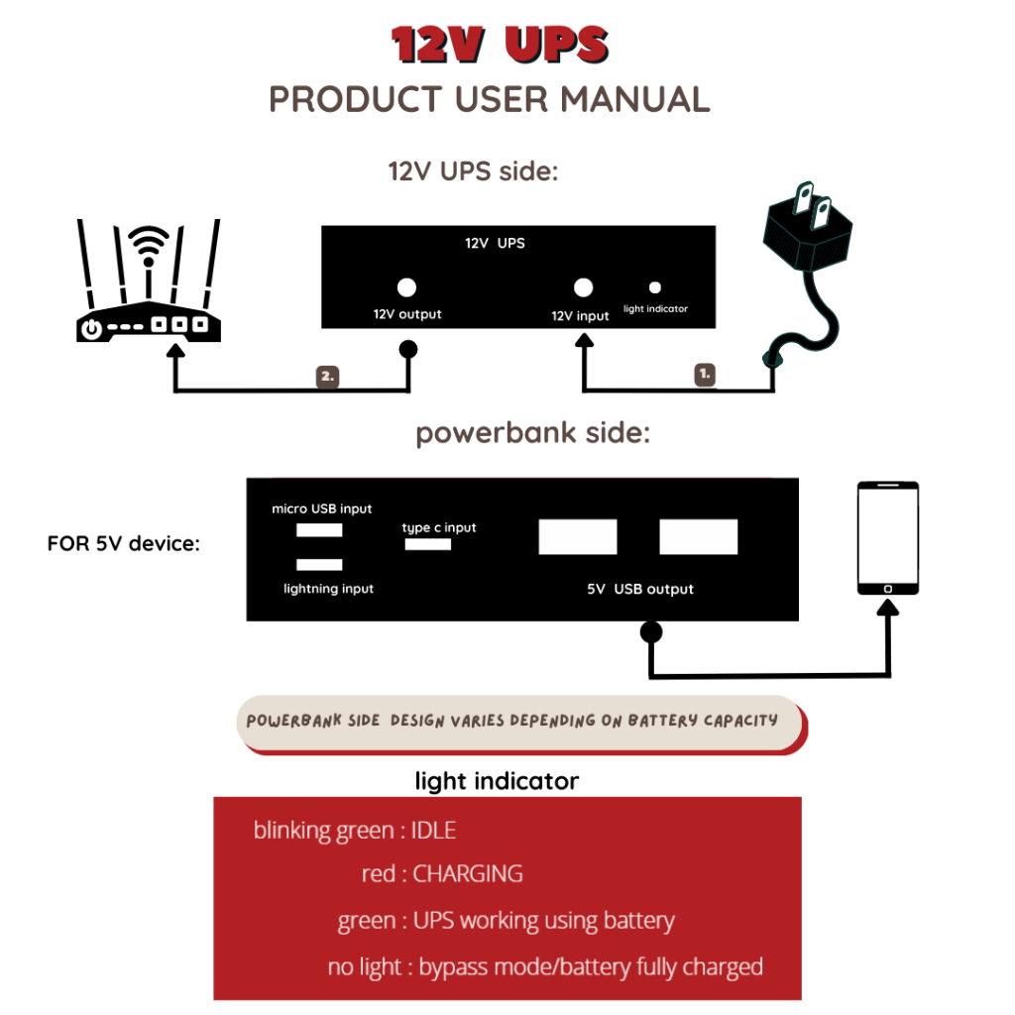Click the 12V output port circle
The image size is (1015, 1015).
click(x=405, y=287)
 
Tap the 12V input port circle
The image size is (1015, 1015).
click(x=584, y=287)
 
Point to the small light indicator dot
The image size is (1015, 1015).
click(x=654, y=287)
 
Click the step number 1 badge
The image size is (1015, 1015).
click(x=705, y=375)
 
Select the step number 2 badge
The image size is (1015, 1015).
click(x=328, y=377)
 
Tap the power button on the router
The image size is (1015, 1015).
click(x=92, y=329)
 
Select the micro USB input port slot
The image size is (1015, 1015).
click(x=319, y=530)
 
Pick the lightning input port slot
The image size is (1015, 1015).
click(x=319, y=565)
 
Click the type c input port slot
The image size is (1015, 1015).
click(x=427, y=544)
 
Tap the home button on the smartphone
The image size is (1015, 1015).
click(x=888, y=589)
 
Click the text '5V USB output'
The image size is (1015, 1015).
click(x=640, y=589)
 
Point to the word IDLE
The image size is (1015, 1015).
click(x=433, y=831)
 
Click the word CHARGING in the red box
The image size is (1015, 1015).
click(x=467, y=874)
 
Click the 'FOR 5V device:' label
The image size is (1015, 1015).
click(x=124, y=544)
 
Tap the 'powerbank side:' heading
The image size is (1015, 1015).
click(x=532, y=434)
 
